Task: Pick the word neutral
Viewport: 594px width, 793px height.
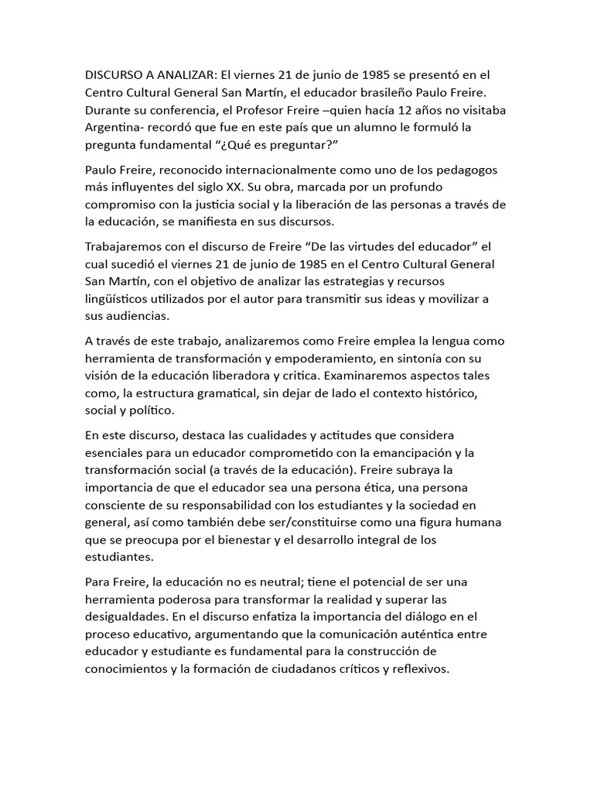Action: pos(282,581)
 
